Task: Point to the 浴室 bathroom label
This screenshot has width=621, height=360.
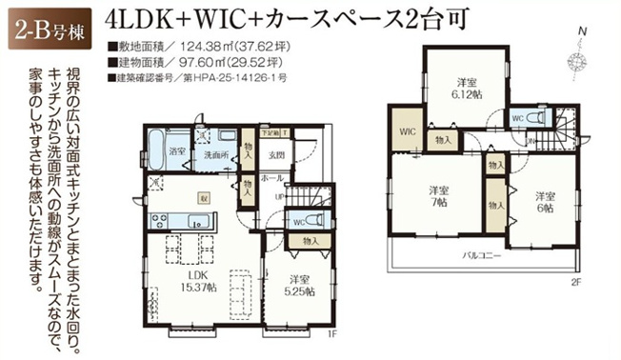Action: coord(176,150)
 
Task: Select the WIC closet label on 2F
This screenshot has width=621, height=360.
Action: coord(407,130)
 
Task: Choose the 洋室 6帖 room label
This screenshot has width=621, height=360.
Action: coord(543,202)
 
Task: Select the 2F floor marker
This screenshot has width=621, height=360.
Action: coord(575,283)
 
